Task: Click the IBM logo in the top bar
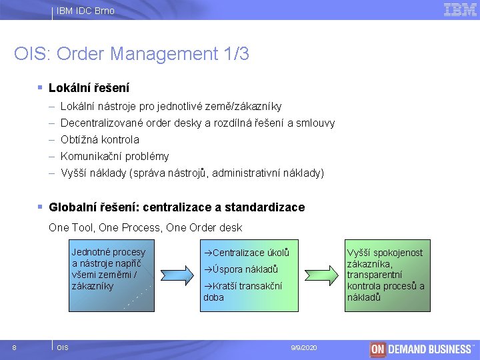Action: [460, 9]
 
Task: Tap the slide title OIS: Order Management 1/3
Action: [131, 54]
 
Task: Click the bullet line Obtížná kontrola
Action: [99, 139]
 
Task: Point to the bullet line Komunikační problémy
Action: [115, 156]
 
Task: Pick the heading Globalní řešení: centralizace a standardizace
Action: [177, 207]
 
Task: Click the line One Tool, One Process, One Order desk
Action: [145, 227]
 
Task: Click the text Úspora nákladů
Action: [241, 269]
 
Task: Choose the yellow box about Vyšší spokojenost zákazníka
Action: [387, 275]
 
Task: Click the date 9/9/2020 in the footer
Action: [305, 348]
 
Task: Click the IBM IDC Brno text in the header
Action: [85, 11]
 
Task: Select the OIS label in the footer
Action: [63, 348]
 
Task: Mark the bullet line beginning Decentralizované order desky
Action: [197, 123]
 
